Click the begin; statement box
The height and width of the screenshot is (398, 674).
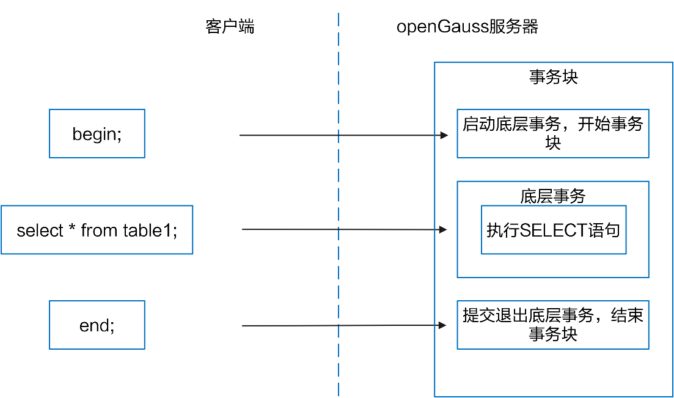coord(97,134)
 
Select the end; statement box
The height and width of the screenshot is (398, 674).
coord(97,325)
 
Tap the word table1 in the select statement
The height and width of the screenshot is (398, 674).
coord(150,230)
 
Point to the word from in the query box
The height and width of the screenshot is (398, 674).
coord(100,230)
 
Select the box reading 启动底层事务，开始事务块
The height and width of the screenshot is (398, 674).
coord(552,134)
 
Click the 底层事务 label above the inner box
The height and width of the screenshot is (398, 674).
coord(552,196)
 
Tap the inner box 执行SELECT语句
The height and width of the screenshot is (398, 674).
coord(553,230)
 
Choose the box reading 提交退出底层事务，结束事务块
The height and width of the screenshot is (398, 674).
coord(552,325)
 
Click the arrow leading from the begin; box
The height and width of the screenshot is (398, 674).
coord(342,135)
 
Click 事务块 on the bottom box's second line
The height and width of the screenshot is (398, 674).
coord(552,334)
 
